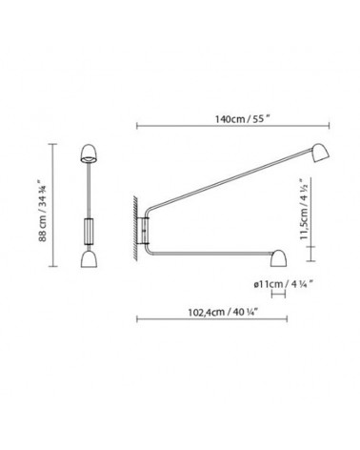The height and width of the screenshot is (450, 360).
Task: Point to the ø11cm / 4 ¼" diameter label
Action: coord(285,282)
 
